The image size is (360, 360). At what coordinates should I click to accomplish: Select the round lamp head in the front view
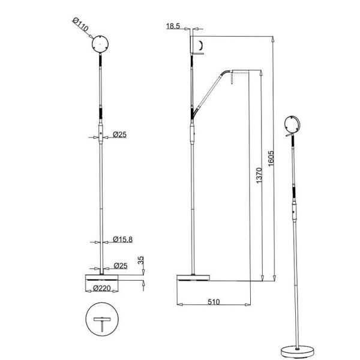tap(100, 44)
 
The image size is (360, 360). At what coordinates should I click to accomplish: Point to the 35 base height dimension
tap(140, 263)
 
